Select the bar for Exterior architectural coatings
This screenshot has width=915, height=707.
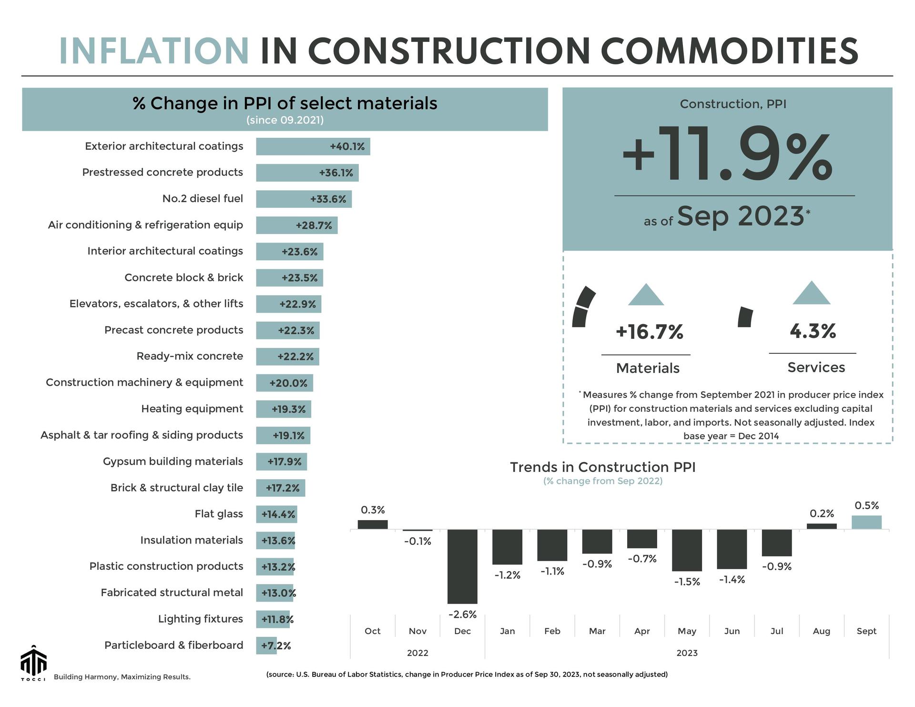click(x=313, y=146)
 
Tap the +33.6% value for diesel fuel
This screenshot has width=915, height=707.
click(x=328, y=199)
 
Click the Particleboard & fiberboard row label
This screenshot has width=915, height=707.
click(x=173, y=645)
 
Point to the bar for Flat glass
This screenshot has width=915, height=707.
click(x=276, y=514)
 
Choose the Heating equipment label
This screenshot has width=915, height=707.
click(x=192, y=409)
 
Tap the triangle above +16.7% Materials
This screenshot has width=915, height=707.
click(x=646, y=295)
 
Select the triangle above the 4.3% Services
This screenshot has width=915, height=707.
click(x=811, y=293)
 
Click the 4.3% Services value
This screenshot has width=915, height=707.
click(x=813, y=331)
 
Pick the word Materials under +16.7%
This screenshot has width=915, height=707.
click(x=648, y=368)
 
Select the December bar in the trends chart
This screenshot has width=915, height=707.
click(x=462, y=566)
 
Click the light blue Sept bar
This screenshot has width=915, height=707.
click(x=866, y=523)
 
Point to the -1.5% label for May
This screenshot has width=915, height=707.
click(x=687, y=582)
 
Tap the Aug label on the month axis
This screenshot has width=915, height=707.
click(x=821, y=631)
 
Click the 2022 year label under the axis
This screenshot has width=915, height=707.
click(x=417, y=653)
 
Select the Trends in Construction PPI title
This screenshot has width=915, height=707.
click(x=602, y=467)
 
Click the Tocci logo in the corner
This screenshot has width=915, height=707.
click(x=33, y=663)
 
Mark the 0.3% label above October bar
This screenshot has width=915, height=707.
click(x=373, y=510)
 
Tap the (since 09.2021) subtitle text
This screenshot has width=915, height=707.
click(x=285, y=120)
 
